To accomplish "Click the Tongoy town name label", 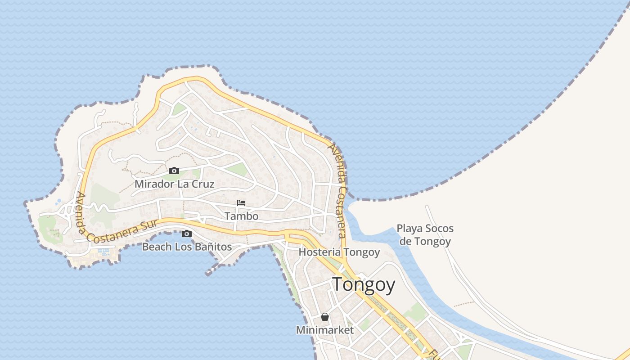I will [364, 285].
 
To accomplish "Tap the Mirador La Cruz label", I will [175, 184].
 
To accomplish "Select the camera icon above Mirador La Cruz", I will [174, 171].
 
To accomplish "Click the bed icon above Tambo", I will [242, 203].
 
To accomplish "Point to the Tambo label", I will [242, 216].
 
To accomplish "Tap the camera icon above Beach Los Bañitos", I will [187, 234].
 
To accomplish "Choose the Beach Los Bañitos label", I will [187, 247].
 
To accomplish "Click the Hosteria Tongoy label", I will [339, 252].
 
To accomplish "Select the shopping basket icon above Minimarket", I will [325, 317].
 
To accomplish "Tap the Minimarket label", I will [325, 330].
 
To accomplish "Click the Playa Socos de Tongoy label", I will [425, 235].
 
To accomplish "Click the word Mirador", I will [153, 184].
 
